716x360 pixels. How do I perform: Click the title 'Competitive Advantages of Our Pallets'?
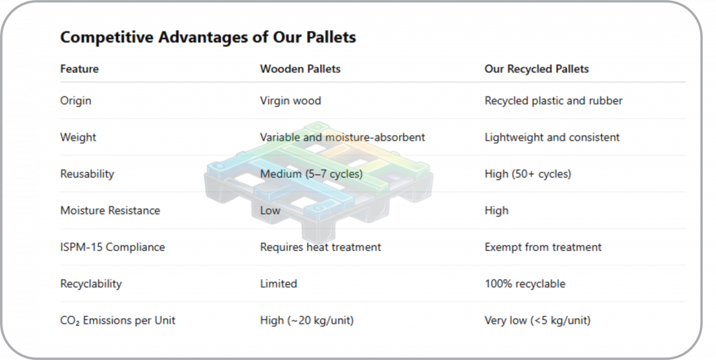click(208, 37)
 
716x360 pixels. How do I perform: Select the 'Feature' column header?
click(80, 69)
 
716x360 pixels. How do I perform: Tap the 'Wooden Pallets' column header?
click(300, 69)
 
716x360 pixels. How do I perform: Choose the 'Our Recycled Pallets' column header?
click(536, 69)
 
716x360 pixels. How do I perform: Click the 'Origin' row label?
click(76, 101)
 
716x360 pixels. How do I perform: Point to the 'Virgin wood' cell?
click(290, 101)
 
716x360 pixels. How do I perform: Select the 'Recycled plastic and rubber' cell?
click(554, 101)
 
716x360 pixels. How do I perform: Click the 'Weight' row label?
click(78, 137)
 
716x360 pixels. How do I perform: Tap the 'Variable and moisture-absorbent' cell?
click(343, 137)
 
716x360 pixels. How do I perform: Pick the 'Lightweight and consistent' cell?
click(552, 137)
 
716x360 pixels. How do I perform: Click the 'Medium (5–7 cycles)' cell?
click(311, 174)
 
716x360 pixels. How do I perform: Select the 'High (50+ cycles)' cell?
click(528, 174)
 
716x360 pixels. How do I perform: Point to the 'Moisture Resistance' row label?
click(110, 210)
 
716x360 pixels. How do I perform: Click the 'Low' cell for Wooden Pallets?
click(271, 210)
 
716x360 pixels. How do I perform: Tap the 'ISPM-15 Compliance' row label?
click(113, 247)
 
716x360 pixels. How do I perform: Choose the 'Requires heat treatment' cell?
click(320, 247)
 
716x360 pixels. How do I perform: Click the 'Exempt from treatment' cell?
click(543, 247)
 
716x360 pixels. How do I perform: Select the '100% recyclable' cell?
click(525, 284)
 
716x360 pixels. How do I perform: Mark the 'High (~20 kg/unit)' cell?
click(307, 320)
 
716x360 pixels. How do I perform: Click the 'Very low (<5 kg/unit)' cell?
click(538, 320)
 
